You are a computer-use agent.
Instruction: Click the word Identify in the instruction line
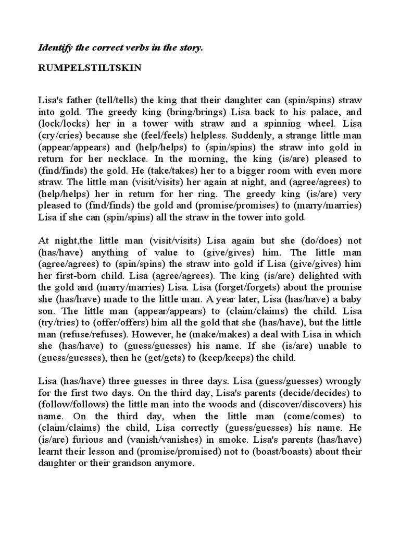pyautogui.click(x=55, y=47)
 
